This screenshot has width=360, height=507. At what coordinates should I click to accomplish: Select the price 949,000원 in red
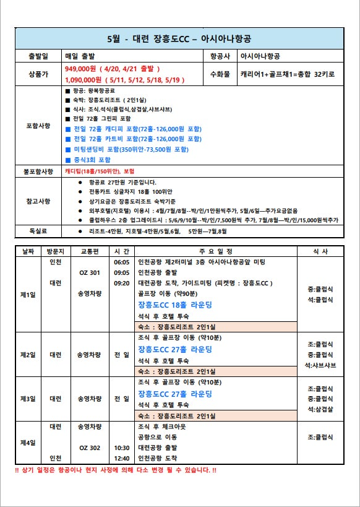coord(84,68)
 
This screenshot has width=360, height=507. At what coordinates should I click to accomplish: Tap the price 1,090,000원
coord(84,80)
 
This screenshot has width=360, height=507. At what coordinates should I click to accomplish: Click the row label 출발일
coord(38,56)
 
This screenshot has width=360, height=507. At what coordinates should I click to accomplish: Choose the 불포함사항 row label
coord(38,171)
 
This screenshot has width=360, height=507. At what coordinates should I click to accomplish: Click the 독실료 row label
coord(38,231)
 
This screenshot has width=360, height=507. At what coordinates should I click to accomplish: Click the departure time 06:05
coord(121,262)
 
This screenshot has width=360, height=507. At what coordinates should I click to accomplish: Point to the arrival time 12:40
coord(121,458)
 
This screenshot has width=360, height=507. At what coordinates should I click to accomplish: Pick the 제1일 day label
coord(28,294)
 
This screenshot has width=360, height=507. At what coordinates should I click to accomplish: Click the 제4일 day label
coord(28,443)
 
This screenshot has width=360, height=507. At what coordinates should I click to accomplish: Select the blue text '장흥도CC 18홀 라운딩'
coord(175,305)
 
